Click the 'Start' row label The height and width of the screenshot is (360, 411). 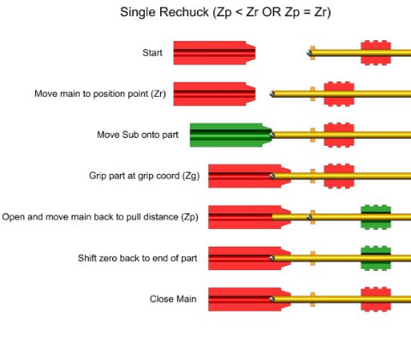[152, 53]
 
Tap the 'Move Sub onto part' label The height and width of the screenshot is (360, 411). [132, 135]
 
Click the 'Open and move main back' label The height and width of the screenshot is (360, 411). [100, 217]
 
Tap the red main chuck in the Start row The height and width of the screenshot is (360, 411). [376, 53]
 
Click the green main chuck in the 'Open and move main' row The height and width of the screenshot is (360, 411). [376, 217]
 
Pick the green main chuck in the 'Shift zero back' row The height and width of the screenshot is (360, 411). [376, 258]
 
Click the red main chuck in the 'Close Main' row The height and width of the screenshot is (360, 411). [376, 299]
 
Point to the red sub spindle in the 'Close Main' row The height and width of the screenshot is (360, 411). [245, 299]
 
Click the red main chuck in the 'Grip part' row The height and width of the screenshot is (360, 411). [338, 176]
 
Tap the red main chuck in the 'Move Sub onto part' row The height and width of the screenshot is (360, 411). [338, 135]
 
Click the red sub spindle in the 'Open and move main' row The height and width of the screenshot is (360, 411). [245, 217]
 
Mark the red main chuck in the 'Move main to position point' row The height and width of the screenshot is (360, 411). [338, 93]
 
